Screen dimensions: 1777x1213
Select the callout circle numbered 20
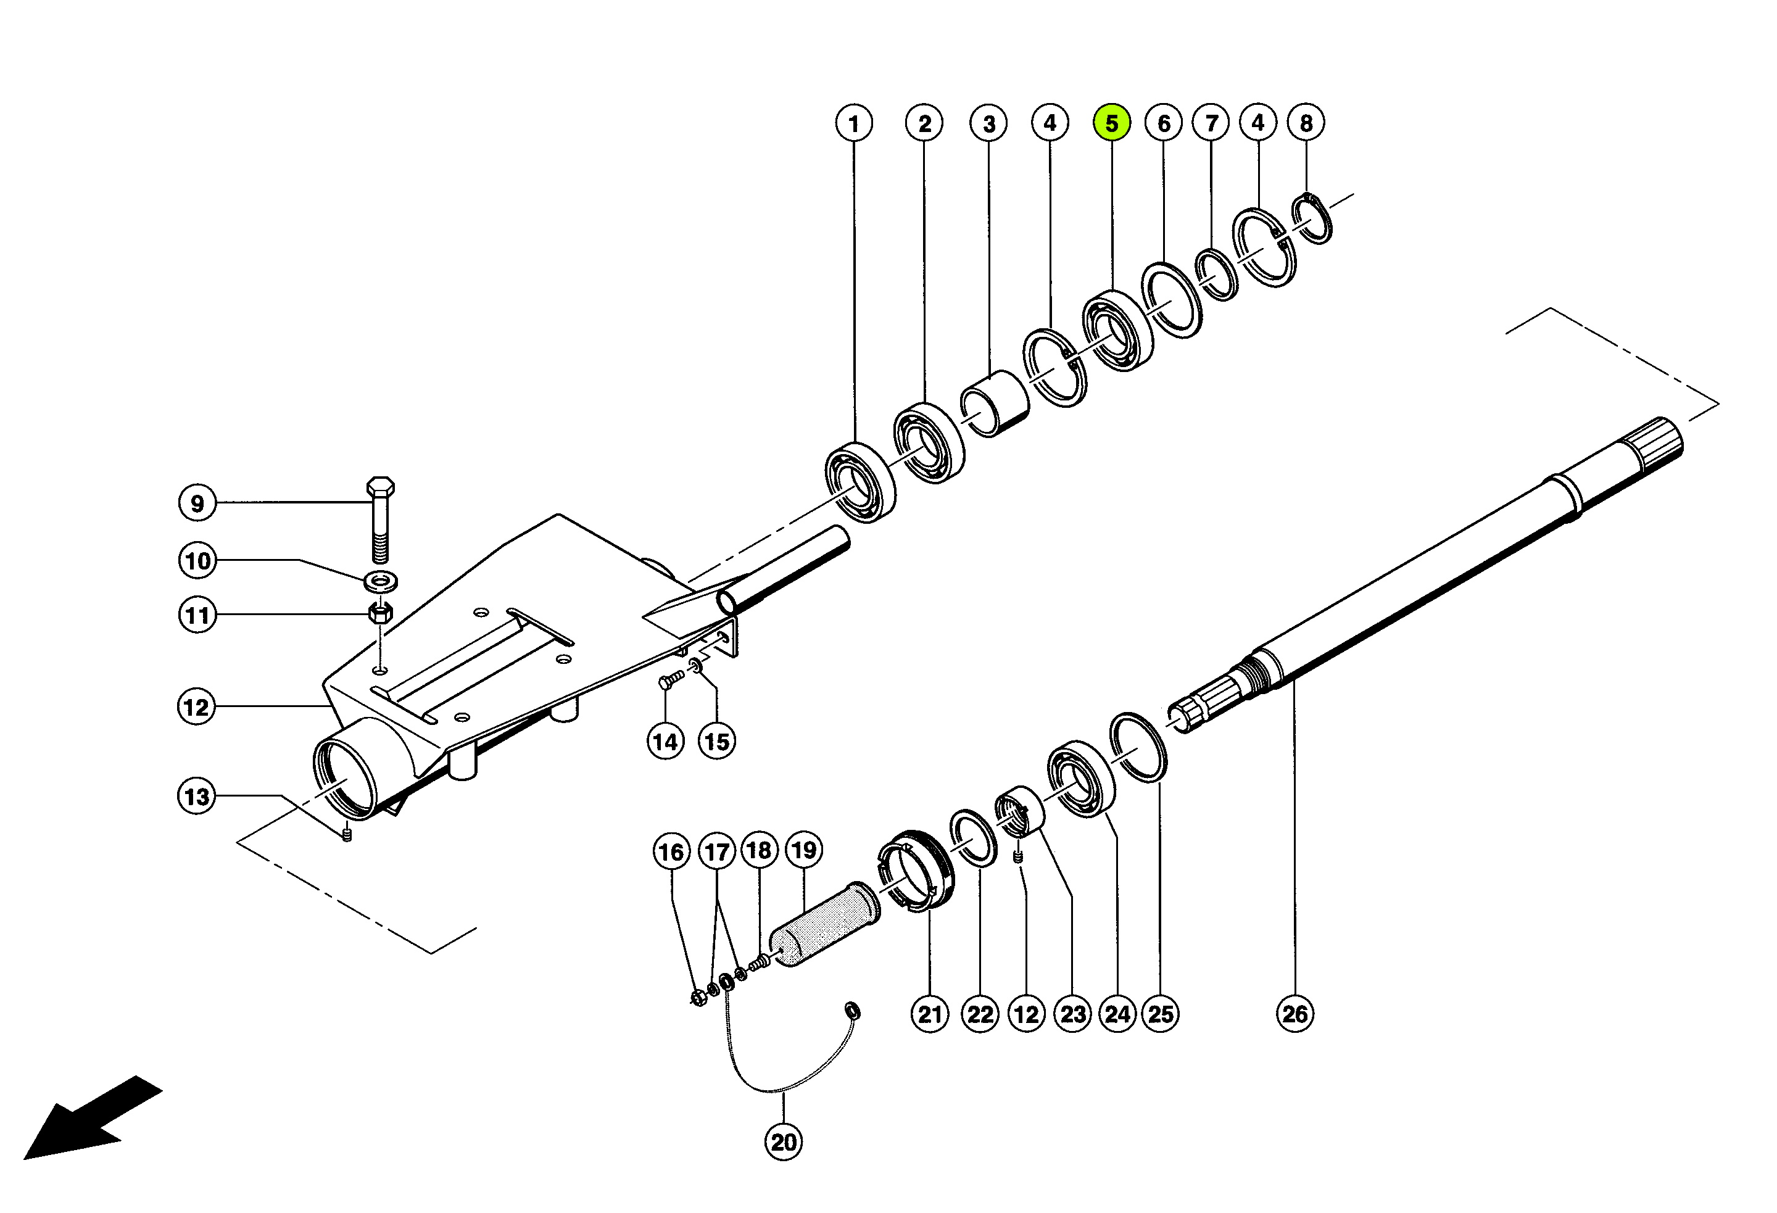coord(784,1142)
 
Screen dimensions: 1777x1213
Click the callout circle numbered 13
coord(196,796)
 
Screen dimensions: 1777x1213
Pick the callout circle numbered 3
coord(988,123)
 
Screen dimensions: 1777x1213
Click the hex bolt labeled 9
coord(381,520)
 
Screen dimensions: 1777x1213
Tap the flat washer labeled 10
coord(381,581)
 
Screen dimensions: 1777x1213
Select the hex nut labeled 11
coord(380,613)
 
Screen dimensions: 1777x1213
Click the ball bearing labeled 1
coord(860,482)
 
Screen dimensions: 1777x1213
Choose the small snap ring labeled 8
coord(1312,220)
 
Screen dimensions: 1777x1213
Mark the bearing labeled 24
coord(1081,779)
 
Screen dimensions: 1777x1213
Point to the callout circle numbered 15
coord(716,741)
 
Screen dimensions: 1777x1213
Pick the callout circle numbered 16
coord(671,852)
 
